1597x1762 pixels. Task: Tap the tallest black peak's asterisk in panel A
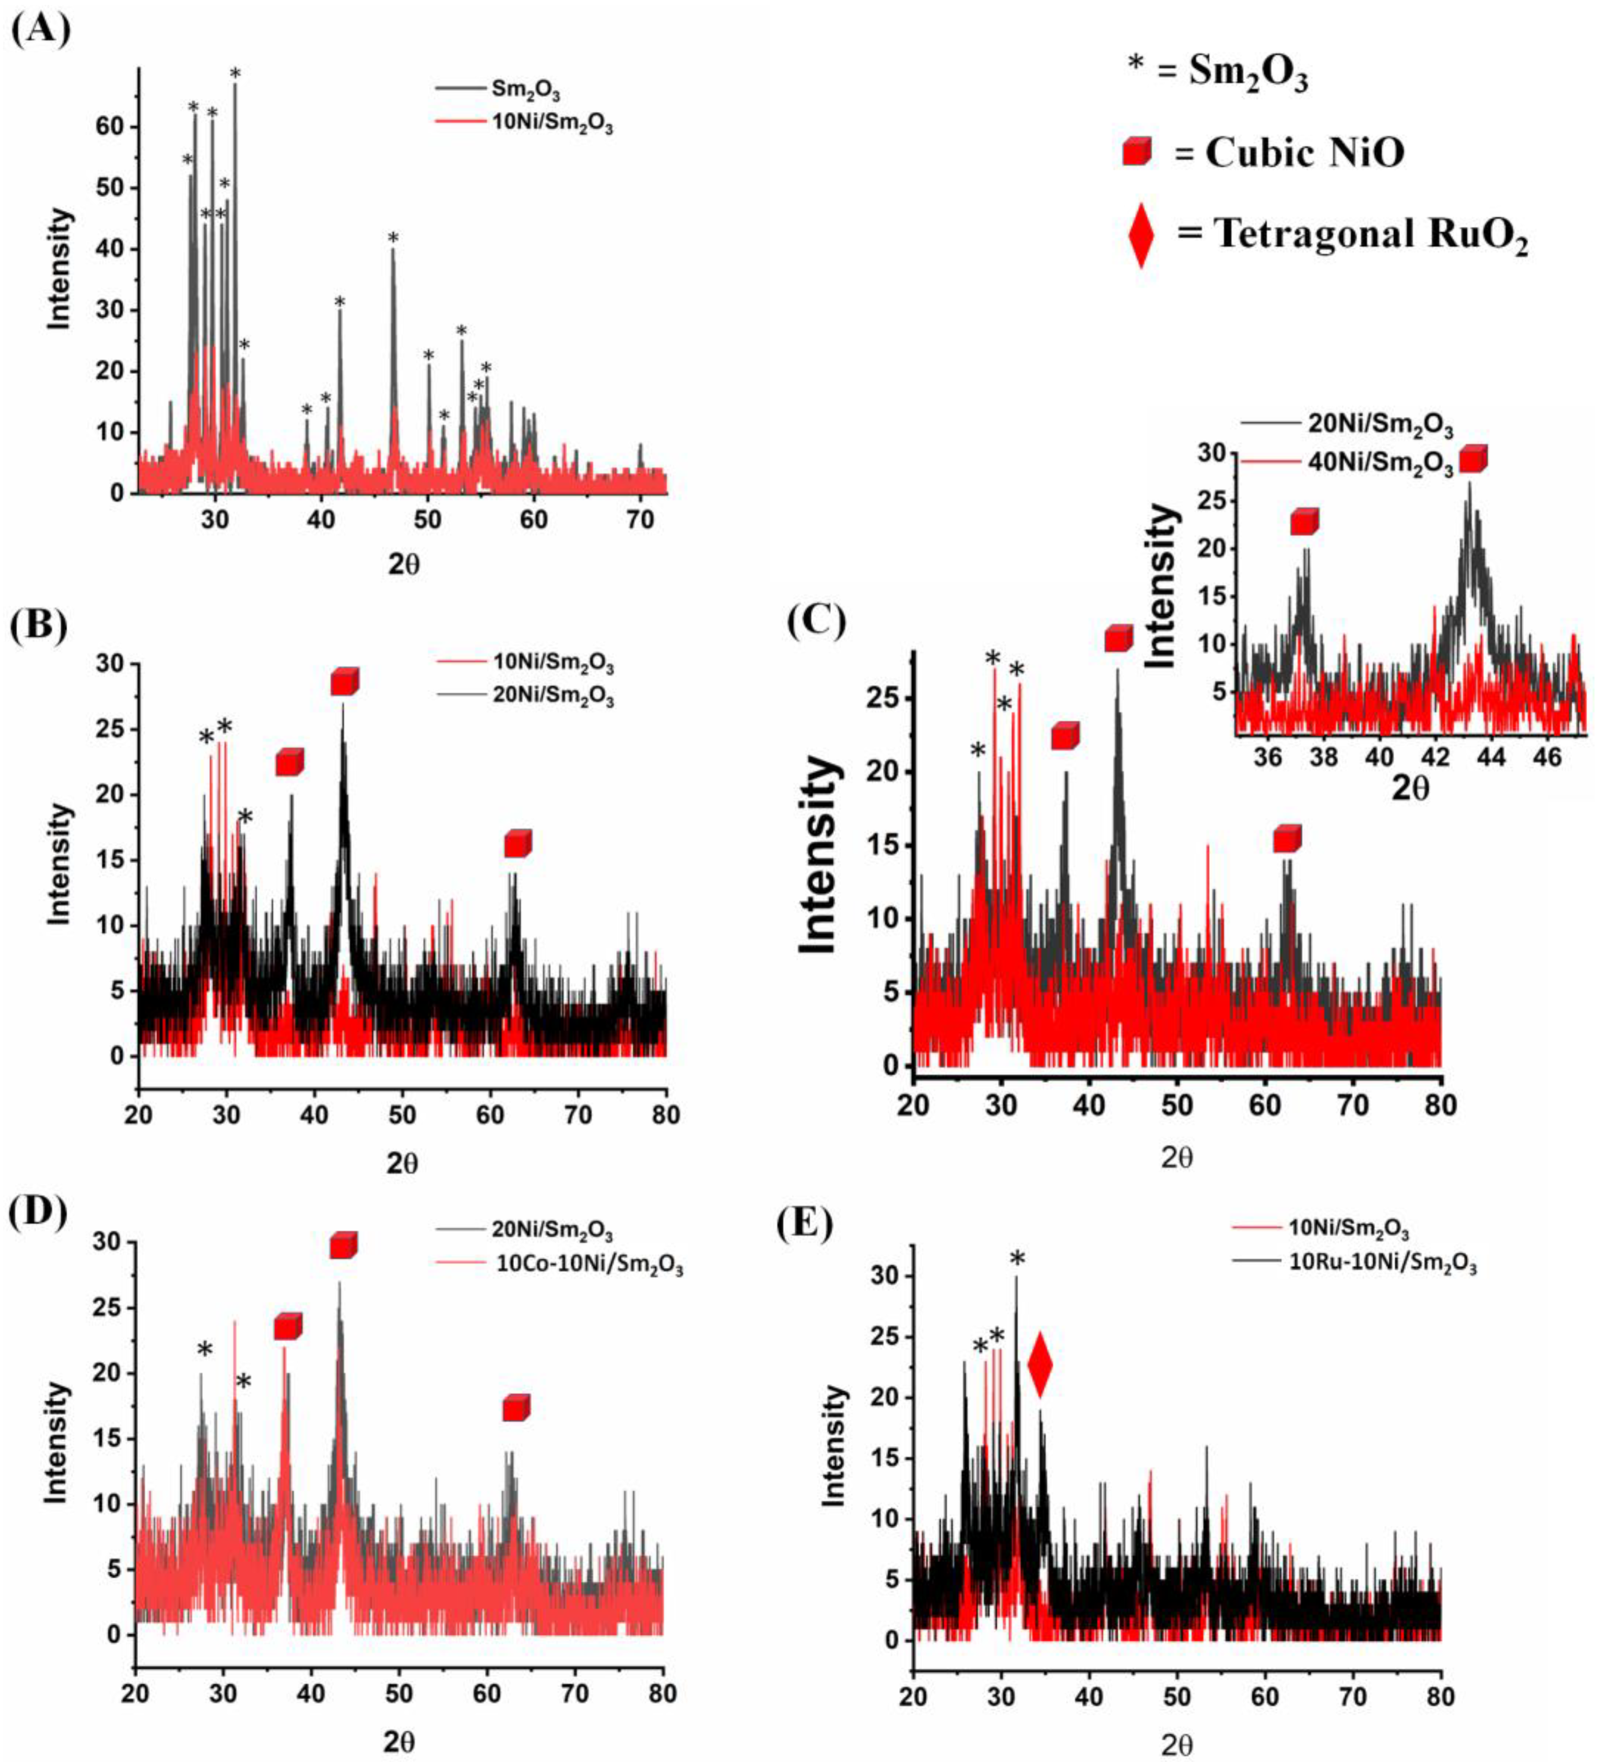234,74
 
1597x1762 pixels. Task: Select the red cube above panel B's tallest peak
344,681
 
